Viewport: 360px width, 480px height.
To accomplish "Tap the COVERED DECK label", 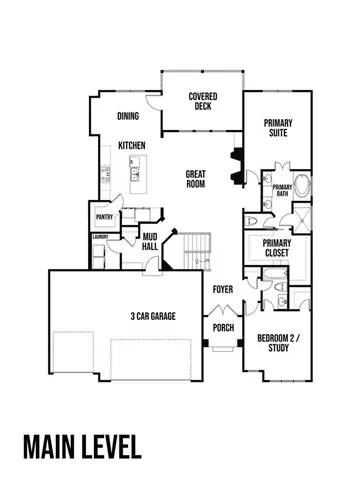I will click(x=204, y=101).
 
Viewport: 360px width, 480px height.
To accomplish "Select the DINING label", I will click(x=128, y=115).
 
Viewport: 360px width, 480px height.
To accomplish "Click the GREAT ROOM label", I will click(x=196, y=179).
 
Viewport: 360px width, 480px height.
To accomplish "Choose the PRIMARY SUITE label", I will click(x=278, y=127).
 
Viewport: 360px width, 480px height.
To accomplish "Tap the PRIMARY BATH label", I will click(x=281, y=190).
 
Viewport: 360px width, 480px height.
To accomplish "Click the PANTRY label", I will click(x=103, y=217).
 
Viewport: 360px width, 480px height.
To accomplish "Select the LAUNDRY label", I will click(x=100, y=237).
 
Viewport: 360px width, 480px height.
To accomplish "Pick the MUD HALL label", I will click(x=150, y=241).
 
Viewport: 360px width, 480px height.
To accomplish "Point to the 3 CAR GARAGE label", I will click(x=153, y=316).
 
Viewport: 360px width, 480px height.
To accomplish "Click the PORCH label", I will click(x=222, y=326).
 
